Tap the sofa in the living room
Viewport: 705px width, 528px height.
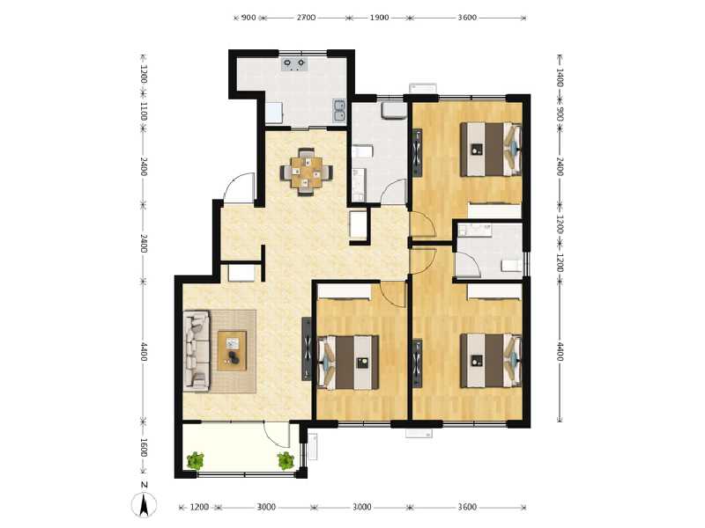(x=196, y=350)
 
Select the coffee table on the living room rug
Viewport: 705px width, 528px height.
(x=233, y=350)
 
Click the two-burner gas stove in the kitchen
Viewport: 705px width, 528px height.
(x=294, y=63)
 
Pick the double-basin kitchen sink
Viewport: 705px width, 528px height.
(x=339, y=109)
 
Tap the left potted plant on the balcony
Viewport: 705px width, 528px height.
(x=196, y=459)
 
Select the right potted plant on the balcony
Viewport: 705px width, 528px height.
(x=286, y=459)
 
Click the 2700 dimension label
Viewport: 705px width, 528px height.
(x=306, y=17)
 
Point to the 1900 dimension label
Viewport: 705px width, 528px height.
(x=378, y=17)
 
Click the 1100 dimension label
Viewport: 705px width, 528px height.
(x=144, y=112)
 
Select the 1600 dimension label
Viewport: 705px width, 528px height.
(x=144, y=449)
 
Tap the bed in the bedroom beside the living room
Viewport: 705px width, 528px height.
(x=350, y=361)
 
